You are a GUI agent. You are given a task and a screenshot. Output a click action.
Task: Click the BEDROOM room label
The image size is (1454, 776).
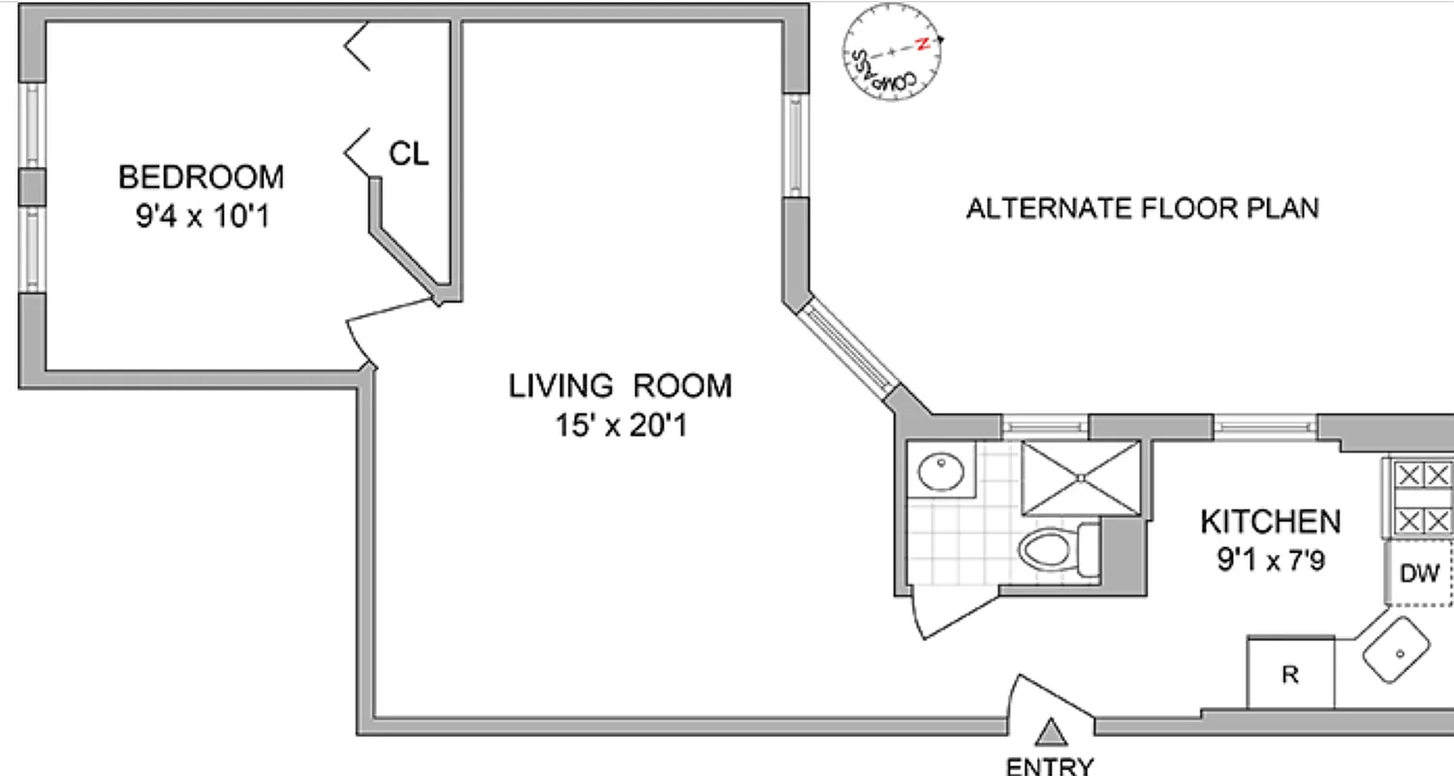[202, 178]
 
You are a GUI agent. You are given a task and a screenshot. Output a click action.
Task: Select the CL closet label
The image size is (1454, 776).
[408, 153]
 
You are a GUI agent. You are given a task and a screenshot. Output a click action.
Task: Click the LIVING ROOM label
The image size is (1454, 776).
[620, 386]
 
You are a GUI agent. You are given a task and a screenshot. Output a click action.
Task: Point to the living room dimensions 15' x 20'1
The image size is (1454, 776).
[620, 425]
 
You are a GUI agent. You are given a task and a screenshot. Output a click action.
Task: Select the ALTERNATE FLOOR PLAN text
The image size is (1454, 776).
[1142, 209]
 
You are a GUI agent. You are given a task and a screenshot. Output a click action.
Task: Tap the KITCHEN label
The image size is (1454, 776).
[1270, 522]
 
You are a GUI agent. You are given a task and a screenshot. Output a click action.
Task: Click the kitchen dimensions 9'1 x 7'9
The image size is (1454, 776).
[1270, 561]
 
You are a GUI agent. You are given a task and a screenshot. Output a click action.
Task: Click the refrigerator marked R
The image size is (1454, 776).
[1289, 673]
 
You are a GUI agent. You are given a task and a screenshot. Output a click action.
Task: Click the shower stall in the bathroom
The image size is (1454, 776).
[1081, 478]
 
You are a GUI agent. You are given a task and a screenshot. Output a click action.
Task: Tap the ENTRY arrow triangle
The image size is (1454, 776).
[1051, 730]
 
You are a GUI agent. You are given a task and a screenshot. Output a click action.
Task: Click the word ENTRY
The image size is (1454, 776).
[1051, 766]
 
